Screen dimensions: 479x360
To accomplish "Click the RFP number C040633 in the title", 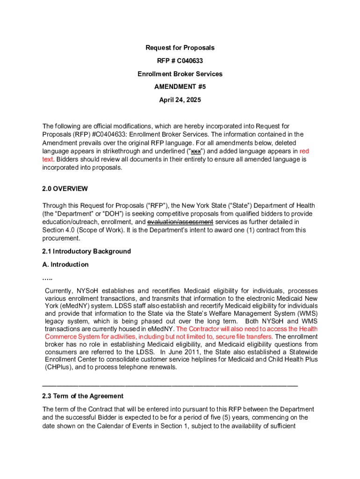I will (x=190, y=61).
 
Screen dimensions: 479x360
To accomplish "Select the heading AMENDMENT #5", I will (x=180, y=87).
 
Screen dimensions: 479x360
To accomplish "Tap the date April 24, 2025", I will (x=180, y=100).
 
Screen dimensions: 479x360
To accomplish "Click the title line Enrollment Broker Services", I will (x=180, y=74).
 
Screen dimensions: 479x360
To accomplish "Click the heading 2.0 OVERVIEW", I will (x=65, y=189).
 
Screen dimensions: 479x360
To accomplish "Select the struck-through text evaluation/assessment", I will (x=180, y=222).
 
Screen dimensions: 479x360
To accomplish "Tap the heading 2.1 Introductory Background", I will (x=86, y=252).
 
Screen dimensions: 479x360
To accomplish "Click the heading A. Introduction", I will (x=65, y=265).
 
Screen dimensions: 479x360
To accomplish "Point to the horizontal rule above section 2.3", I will (x=170, y=385).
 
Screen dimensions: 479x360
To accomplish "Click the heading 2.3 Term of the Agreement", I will (x=83, y=396).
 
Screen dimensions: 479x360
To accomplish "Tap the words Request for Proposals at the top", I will (x=180, y=48).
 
